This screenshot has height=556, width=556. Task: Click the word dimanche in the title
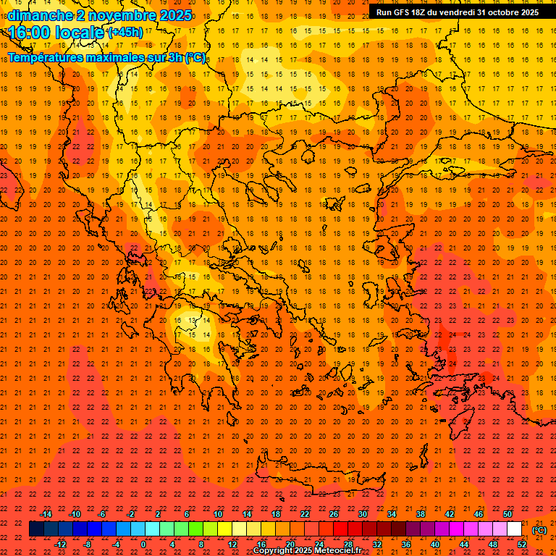39,15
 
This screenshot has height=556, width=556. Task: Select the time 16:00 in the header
33,32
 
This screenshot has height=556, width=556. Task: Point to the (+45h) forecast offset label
125,33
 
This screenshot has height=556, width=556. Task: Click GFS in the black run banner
404,12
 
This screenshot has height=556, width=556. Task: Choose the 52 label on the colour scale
522,544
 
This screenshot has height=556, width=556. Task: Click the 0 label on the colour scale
143,544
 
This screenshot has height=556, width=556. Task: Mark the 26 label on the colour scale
334,514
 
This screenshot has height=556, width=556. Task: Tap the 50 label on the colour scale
507,514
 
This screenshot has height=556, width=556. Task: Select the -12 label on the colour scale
60,544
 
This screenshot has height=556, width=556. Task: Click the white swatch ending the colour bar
515,529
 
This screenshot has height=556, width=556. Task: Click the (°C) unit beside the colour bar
539,530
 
